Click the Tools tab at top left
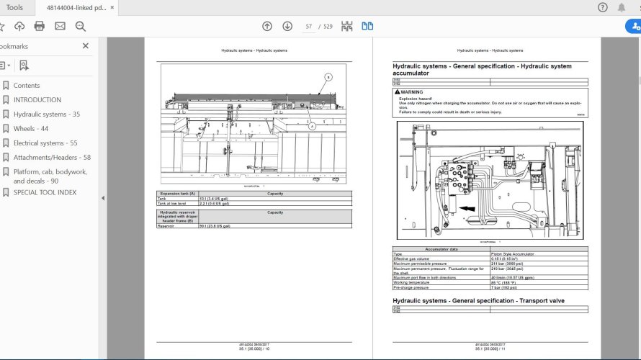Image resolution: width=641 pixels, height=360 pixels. coord(14,7)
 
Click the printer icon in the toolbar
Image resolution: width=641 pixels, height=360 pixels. coord(40,26)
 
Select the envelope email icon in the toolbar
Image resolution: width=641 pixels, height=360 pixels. coord(60,26)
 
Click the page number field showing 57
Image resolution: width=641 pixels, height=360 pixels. coord(309,26)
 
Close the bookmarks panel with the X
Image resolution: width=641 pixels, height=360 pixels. coord(86,45)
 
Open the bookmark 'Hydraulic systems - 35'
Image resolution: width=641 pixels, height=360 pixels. coord(47,114)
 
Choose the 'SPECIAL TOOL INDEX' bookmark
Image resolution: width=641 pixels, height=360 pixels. coord(45,192)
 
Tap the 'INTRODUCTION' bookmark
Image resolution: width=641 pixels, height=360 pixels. coord(37,99)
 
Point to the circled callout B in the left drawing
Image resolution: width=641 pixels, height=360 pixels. coord(328,76)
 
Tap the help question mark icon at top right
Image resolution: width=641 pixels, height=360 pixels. coord(603,7)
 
